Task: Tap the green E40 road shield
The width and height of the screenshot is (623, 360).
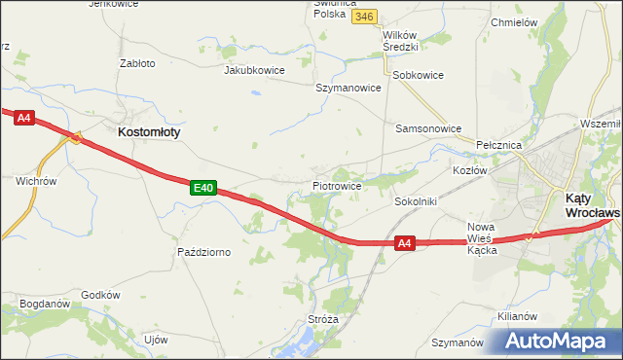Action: click(x=202, y=187)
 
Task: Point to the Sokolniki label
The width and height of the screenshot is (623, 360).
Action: click(x=416, y=201)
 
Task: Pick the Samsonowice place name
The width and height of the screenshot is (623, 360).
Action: click(x=428, y=127)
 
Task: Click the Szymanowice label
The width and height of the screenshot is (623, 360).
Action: click(x=348, y=87)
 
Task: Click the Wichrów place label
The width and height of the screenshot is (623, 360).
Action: click(x=36, y=180)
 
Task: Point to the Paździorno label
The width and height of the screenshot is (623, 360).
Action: click(x=203, y=252)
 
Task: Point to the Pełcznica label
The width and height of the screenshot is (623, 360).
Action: click(x=499, y=144)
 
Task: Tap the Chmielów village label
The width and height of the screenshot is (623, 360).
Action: click(x=515, y=21)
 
